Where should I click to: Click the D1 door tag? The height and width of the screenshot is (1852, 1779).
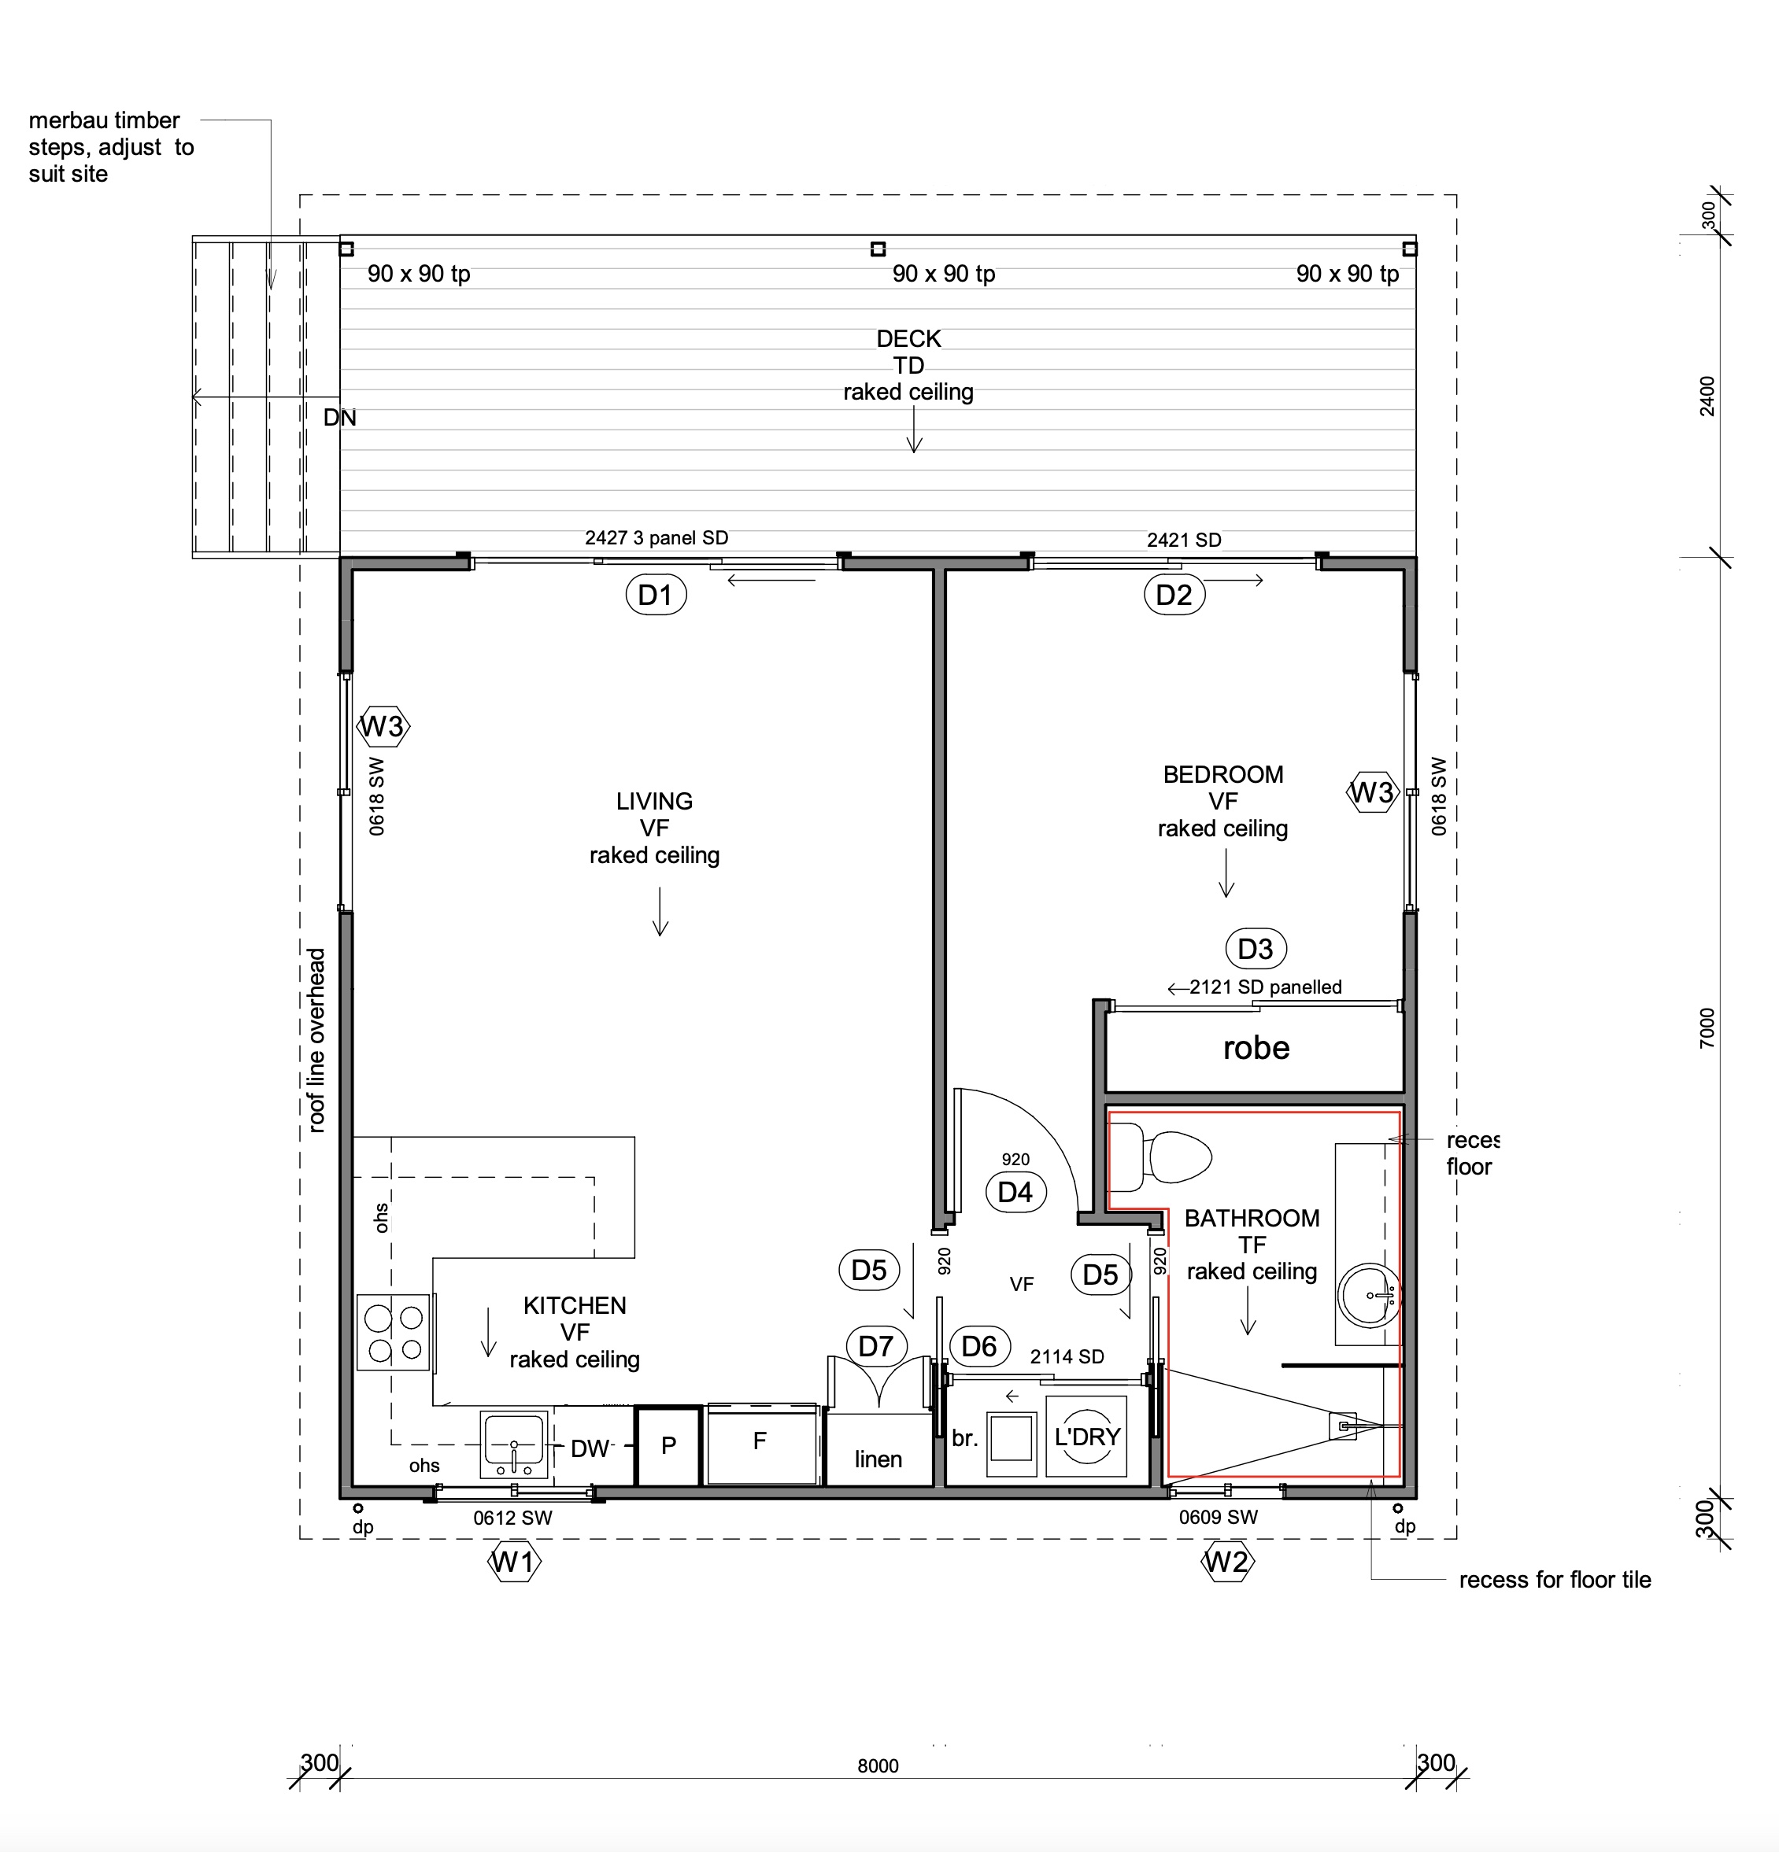tap(655, 596)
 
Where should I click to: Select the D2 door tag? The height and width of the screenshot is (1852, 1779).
tap(1174, 596)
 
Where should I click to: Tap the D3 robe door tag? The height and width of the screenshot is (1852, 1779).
tap(1256, 949)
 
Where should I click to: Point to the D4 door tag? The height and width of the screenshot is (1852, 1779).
tap(1015, 1191)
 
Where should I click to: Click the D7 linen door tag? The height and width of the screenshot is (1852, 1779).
tap(876, 1345)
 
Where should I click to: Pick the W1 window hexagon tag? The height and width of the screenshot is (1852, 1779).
tap(514, 1562)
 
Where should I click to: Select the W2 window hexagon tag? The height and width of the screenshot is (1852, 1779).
tap(1227, 1562)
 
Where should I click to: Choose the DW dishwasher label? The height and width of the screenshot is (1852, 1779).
tap(590, 1448)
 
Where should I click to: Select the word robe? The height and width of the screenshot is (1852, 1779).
tap(1256, 1048)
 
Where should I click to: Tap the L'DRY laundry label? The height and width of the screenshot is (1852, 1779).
tap(1087, 1437)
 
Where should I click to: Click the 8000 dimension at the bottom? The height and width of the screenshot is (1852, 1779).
tap(878, 1766)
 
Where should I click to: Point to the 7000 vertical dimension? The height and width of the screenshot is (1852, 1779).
tap(1707, 1028)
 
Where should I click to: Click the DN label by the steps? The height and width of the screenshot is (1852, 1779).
tap(339, 418)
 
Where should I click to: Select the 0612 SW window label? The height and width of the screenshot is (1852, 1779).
tap(512, 1518)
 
